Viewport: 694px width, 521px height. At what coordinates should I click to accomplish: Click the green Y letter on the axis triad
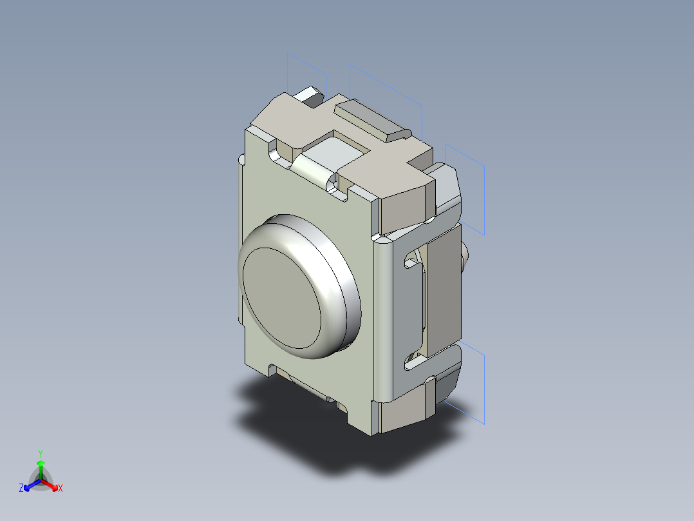[x=40, y=453]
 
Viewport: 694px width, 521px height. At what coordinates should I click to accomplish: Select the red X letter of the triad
[x=61, y=489]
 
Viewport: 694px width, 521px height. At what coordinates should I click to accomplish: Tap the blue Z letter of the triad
[x=21, y=488]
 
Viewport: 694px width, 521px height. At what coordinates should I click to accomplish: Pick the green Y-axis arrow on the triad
[x=41, y=467]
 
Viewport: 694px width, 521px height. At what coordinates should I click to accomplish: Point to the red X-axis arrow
[x=51, y=484]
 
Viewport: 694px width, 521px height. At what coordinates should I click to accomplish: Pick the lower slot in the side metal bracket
[x=412, y=362]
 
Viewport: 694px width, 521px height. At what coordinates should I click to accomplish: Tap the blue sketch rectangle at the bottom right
[x=473, y=387]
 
